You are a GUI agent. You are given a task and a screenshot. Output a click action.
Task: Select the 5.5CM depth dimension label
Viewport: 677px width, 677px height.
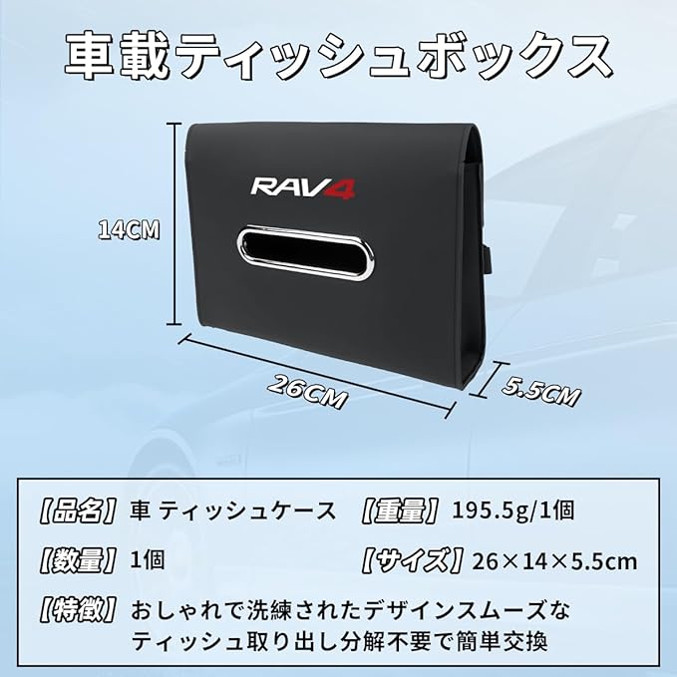[x=539, y=389]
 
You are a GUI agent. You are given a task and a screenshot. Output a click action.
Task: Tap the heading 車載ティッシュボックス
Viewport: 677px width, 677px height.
[x=339, y=56]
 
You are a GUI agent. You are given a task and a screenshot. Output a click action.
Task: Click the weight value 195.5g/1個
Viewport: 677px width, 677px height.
[x=512, y=511]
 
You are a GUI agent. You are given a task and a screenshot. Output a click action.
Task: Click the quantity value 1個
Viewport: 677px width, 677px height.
[x=148, y=560]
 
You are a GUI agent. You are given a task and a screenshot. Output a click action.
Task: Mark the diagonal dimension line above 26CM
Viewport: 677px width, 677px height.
[x=319, y=366]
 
